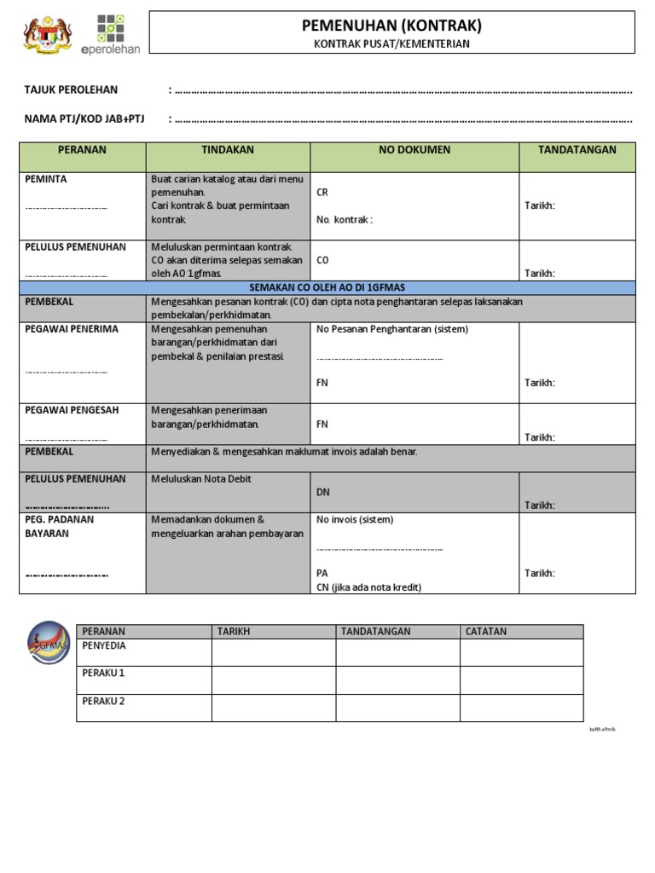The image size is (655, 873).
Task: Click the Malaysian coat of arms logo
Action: (48, 35)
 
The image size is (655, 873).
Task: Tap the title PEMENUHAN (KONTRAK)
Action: (392, 26)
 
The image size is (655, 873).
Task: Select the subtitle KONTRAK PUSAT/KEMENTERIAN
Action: (392, 44)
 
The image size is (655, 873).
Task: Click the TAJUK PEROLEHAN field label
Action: (72, 90)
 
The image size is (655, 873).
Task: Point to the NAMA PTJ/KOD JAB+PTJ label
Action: (84, 119)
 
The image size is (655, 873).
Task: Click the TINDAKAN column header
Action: (228, 150)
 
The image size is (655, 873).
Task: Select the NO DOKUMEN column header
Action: (414, 150)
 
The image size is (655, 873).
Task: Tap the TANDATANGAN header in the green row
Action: (577, 150)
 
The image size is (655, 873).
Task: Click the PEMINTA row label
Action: (46, 179)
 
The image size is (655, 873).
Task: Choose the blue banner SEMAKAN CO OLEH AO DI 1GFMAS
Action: (327, 288)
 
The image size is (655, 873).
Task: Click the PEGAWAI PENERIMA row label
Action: (72, 329)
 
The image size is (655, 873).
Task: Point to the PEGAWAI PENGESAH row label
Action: (72, 410)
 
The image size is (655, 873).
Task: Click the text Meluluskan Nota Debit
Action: (201, 479)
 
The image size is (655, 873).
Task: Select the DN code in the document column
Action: (323, 492)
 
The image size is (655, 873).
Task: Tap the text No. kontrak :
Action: (345, 220)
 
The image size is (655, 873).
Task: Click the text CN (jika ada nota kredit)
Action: (368, 587)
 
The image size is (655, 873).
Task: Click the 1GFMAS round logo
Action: (49, 647)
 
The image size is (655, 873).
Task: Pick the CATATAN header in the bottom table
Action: (486, 632)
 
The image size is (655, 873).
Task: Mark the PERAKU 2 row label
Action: (103, 702)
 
